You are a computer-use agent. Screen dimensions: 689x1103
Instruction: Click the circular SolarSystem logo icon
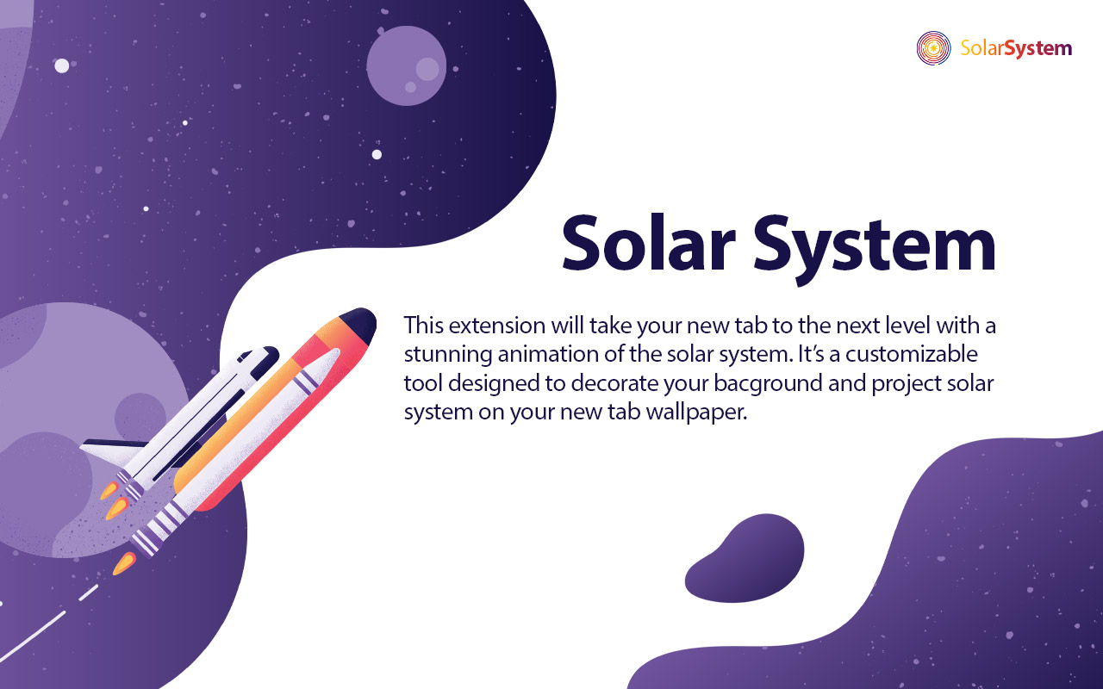pyautogui.click(x=933, y=48)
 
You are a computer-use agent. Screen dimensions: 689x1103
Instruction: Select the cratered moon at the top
pyautogui.click(x=406, y=65)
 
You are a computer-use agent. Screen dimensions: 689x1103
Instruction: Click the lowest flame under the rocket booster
pyautogui.click(x=124, y=564)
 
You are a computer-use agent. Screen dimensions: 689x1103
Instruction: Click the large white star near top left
pyautogui.click(x=62, y=65)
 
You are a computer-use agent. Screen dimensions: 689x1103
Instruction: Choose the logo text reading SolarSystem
pyautogui.click(x=1016, y=48)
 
